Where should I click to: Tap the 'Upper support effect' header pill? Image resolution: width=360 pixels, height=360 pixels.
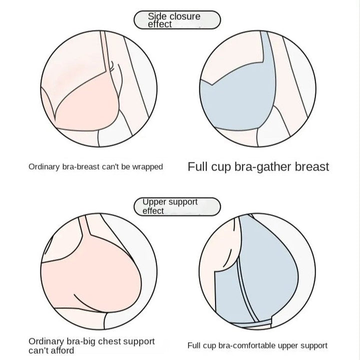[177, 206]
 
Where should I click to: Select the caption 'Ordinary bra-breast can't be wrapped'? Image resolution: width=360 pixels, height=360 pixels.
[95, 166]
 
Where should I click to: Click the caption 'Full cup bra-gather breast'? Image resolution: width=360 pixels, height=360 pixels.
[258, 166]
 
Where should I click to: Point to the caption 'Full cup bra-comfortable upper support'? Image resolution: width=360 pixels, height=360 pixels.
[257, 345]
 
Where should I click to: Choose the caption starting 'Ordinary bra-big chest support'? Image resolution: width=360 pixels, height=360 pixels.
[91, 345]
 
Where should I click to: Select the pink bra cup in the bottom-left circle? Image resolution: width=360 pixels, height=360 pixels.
[90, 280]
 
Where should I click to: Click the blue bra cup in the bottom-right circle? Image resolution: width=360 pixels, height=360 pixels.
[270, 270]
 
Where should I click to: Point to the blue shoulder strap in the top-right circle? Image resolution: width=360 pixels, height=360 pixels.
[268, 55]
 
